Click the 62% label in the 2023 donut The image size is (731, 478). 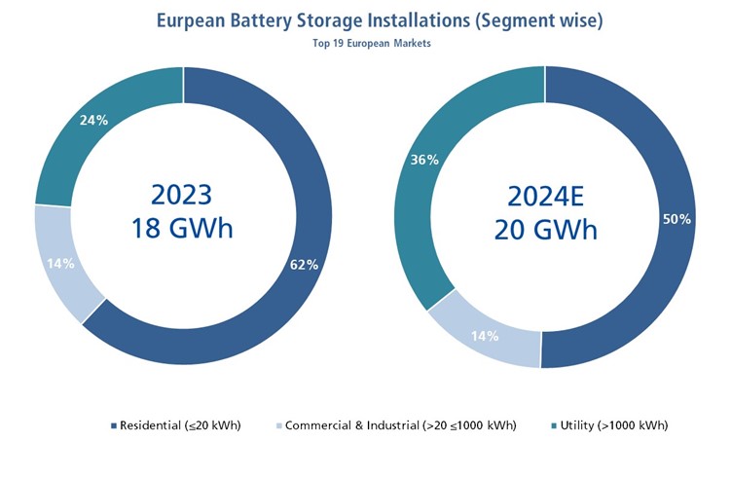pos(304,265)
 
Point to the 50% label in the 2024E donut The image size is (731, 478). pos(676,219)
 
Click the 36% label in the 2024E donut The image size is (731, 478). pos(425,160)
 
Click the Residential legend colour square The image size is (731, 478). pos(114,425)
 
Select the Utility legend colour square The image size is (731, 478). pos(554,425)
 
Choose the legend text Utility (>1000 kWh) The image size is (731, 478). pos(615,425)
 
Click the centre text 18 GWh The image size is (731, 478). pos(183,229)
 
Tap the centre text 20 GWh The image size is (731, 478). pos(546,229)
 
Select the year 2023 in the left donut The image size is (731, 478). pos(183,195)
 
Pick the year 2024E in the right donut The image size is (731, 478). pos(546,195)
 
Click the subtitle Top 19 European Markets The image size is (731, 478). pos(365,45)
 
